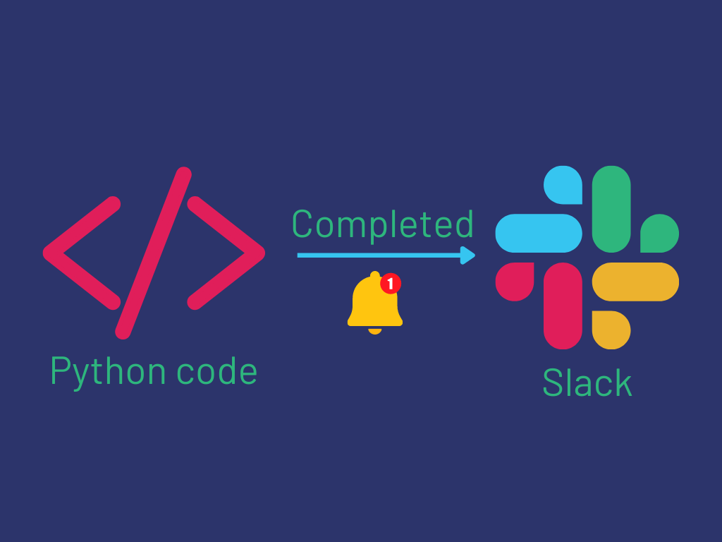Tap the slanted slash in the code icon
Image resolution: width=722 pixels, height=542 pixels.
[x=154, y=252]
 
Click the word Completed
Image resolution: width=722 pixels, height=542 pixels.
[x=382, y=225]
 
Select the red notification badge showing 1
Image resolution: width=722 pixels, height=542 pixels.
[x=391, y=284]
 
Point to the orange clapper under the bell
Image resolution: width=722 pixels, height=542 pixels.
[x=375, y=330]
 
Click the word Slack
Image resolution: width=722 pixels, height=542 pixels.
[x=587, y=383]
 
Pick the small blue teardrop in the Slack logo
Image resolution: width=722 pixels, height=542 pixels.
[x=564, y=186]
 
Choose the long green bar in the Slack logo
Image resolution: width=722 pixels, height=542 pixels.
[x=611, y=209]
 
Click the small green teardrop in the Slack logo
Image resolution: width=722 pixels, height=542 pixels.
[x=659, y=234]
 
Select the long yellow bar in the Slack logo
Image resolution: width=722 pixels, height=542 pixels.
[x=635, y=282]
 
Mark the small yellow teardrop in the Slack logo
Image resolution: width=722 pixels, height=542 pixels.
[x=610, y=330]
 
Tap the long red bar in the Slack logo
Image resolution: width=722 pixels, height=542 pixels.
[x=563, y=306]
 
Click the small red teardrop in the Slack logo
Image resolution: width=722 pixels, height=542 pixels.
[x=515, y=281]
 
